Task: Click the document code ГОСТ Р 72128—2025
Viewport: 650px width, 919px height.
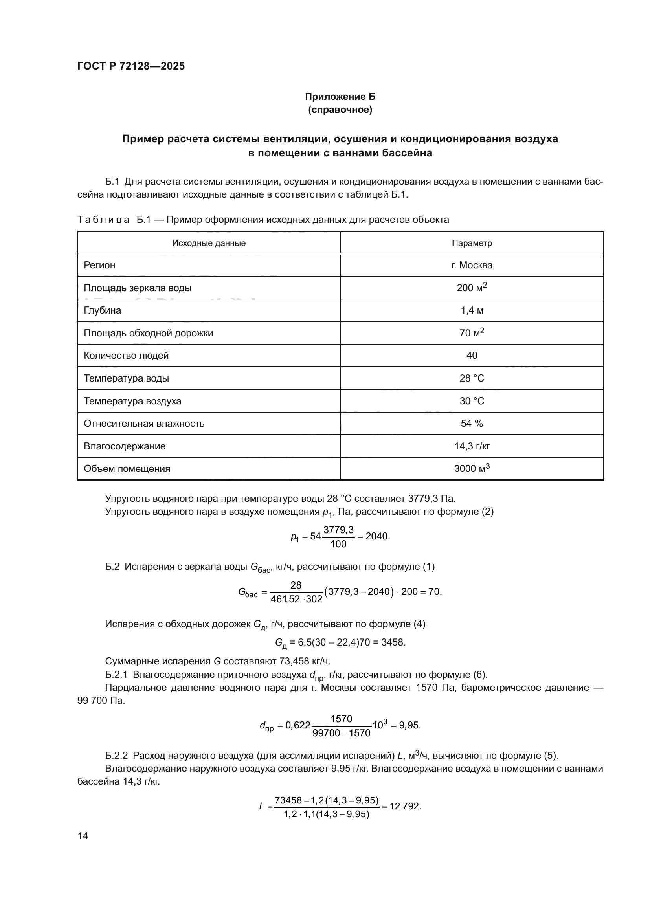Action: coord(131,66)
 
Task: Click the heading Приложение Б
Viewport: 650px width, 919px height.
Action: coord(340,97)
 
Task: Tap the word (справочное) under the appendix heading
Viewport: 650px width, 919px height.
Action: coord(340,110)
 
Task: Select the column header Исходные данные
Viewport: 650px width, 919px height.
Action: coord(209,243)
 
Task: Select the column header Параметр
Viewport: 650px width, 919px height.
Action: coord(472,243)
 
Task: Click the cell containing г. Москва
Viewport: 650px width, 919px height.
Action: coord(472,265)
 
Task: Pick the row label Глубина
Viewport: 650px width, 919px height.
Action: coord(103,310)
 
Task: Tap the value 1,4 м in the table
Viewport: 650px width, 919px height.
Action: coord(472,310)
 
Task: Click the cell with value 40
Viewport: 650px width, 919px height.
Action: coord(472,356)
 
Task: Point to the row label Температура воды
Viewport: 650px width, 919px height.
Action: coord(127,378)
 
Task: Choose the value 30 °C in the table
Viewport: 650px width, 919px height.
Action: coord(472,401)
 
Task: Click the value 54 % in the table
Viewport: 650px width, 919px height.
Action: coord(472,424)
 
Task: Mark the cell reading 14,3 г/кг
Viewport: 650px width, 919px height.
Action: coord(472,446)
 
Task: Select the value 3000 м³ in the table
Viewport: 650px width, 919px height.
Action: coord(472,468)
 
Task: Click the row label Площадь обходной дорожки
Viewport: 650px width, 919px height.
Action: coord(148,333)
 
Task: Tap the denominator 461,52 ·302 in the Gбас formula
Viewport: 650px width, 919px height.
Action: coord(296,599)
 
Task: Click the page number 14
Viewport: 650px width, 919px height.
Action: coord(83,836)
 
